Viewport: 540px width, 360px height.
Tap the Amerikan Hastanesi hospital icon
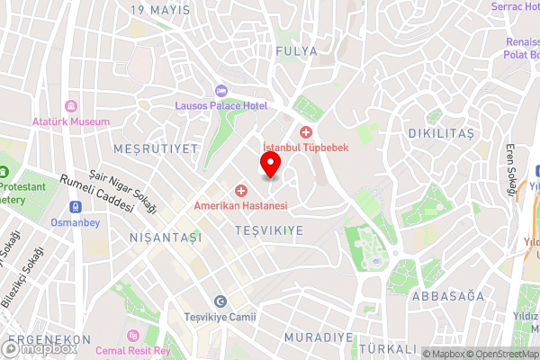point(241,191)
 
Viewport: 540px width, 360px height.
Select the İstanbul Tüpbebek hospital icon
point(306,132)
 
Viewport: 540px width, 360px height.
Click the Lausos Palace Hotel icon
point(221,91)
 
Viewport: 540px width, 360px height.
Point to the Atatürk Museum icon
point(70,104)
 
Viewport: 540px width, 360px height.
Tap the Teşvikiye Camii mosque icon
point(220,301)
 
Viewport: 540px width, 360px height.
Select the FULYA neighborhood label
point(297,51)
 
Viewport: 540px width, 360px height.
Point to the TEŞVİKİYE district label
point(268,231)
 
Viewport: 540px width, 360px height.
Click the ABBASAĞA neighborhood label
point(447,296)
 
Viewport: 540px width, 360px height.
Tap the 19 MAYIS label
point(160,10)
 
